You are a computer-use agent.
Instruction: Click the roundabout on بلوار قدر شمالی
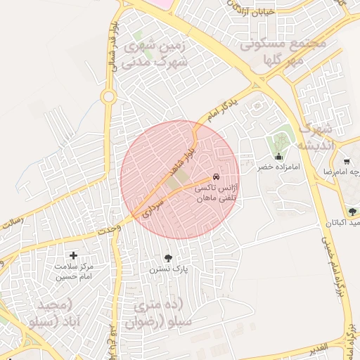coord(109,96)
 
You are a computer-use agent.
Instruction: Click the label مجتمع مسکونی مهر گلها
coord(283,51)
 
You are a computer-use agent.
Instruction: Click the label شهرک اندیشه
coord(314,137)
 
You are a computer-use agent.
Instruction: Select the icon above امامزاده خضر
coord(279,157)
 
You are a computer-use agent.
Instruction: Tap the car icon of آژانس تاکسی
coord(215,178)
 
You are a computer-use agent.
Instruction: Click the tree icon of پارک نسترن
coord(167,258)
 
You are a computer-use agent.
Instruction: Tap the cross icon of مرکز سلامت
coord(74,255)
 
